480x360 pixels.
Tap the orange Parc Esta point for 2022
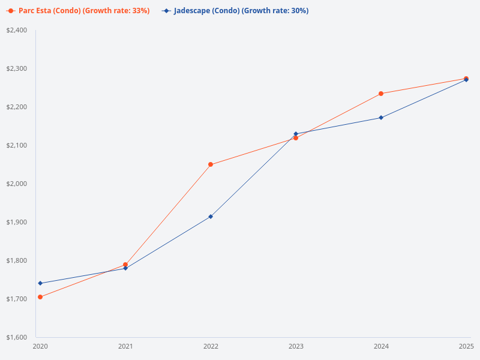[x=211, y=164]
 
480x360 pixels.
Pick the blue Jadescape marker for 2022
[x=211, y=217]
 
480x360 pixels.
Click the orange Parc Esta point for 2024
[x=381, y=94]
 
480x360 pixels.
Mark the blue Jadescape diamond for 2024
[x=381, y=118]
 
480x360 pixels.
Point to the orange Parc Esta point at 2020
[x=40, y=297]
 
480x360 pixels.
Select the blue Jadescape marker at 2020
[x=40, y=283]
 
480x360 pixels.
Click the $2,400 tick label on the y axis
[x=17, y=30]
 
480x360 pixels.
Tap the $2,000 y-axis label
[x=17, y=184]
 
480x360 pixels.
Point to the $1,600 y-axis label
[x=17, y=337]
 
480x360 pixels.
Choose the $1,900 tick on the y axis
[x=17, y=222]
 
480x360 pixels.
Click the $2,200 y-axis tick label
[x=17, y=107]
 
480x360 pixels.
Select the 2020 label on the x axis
[x=40, y=346]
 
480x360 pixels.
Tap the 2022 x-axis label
[x=211, y=346]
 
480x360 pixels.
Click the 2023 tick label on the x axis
[x=296, y=346]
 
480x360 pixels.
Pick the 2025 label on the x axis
[x=466, y=346]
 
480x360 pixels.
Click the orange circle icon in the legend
[x=11, y=11]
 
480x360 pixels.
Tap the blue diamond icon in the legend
[x=166, y=11]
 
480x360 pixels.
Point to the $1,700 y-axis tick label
[x=17, y=299]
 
